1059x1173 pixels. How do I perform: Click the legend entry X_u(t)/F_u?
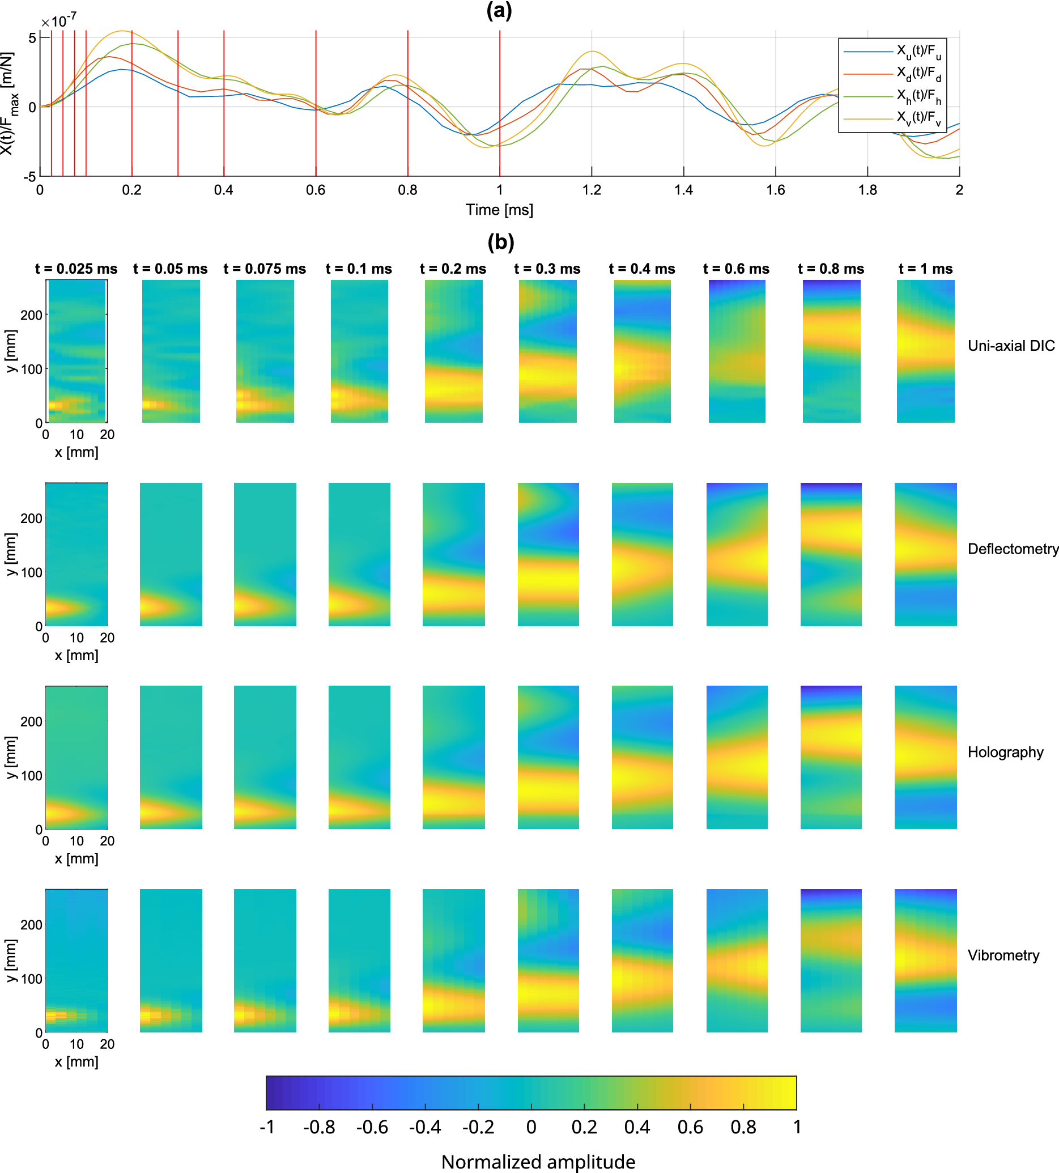point(917,52)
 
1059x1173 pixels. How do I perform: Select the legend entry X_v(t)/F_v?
point(917,118)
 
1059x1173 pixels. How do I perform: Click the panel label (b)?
point(500,241)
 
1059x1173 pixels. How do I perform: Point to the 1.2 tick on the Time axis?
point(591,190)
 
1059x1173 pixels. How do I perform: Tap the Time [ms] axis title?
point(499,210)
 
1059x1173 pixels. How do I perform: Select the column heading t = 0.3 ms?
point(547,269)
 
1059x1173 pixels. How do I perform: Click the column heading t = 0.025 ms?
point(76,269)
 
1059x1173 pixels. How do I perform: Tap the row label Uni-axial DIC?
point(1011,346)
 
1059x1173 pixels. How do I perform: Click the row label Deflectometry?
point(1013,549)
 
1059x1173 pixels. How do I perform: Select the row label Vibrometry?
point(1003,955)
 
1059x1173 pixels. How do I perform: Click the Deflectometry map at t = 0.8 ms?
point(831,555)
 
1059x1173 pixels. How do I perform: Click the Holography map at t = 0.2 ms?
point(453,758)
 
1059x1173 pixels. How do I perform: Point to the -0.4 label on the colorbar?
point(425,1127)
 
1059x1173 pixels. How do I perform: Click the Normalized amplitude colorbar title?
point(538,1161)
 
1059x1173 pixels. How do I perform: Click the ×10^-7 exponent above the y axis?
point(58,22)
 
